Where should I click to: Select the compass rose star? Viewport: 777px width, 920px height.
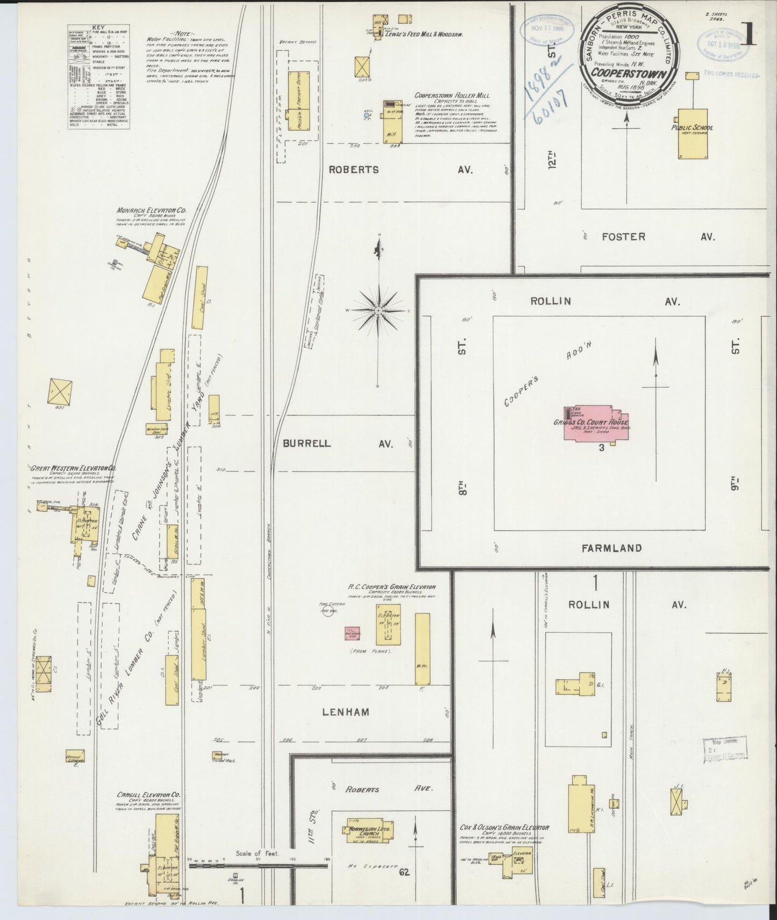[379, 311]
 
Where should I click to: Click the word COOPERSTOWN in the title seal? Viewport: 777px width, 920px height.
[628, 75]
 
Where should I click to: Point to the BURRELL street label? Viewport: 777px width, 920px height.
[306, 444]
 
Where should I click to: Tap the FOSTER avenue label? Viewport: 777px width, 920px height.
[623, 236]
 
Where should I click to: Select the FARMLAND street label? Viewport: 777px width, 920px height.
[611, 548]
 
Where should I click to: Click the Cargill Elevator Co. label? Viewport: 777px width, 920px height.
[149, 794]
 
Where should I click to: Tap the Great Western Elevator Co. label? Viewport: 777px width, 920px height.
[73, 469]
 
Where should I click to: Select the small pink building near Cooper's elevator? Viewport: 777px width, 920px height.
[352, 633]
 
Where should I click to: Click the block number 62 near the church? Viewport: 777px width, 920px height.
[404, 872]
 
